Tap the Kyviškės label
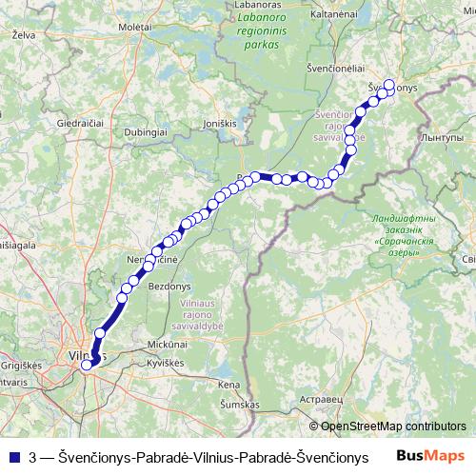165,365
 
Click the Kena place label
228,385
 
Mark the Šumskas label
239,405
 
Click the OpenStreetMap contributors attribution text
393,426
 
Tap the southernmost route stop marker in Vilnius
87,364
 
